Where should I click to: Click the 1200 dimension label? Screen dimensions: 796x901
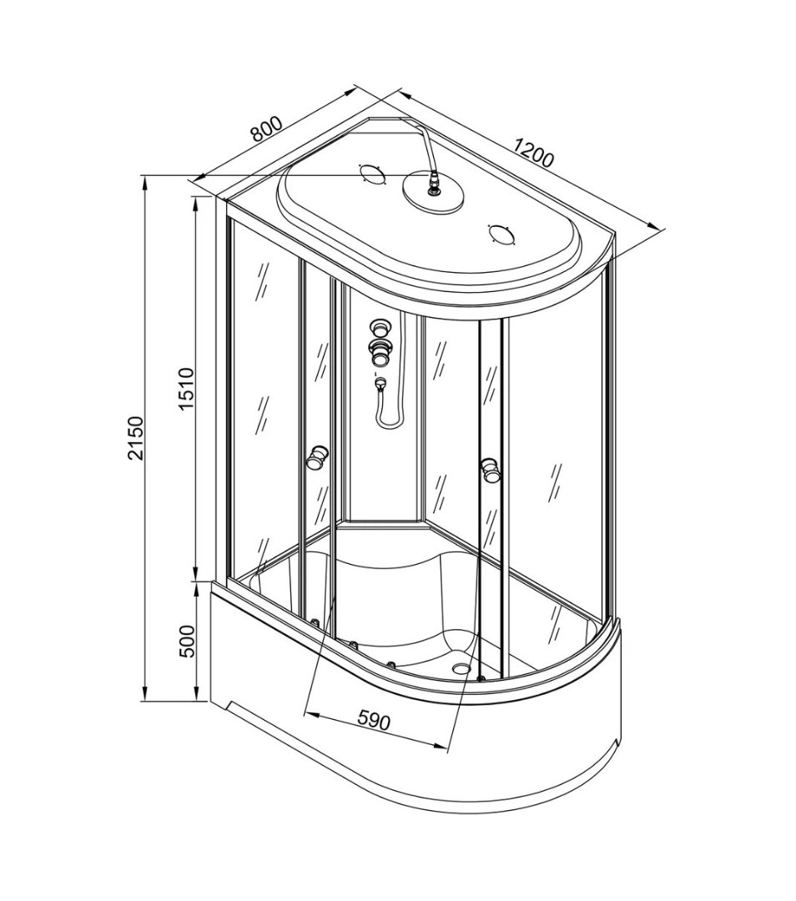pyautogui.click(x=535, y=151)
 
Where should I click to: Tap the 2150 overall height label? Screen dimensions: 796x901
pyautogui.click(x=135, y=439)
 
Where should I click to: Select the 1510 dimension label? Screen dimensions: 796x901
pyautogui.click(x=188, y=389)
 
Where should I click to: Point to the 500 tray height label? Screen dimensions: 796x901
pyautogui.click(x=188, y=642)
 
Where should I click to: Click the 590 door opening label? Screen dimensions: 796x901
pyautogui.click(x=374, y=719)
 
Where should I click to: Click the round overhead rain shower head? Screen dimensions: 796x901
pyautogui.click(x=432, y=192)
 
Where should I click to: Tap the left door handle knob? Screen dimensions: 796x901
pyautogui.click(x=316, y=457)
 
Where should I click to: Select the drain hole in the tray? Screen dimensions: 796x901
pyautogui.click(x=461, y=667)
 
